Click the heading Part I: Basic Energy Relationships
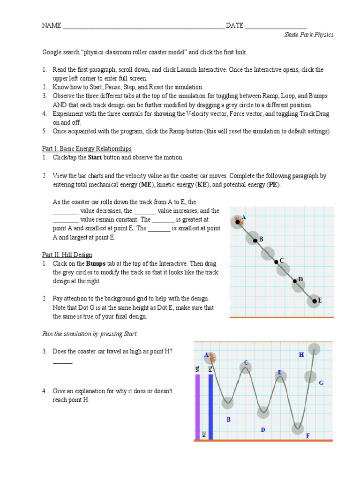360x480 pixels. coord(87,149)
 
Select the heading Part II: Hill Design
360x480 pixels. coord(67,255)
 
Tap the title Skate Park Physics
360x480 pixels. coord(309,35)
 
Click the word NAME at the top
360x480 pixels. coord(52,26)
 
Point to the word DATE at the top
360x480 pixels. coord(234,26)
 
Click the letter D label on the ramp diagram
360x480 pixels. coord(300,279)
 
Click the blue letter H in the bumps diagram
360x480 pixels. coord(301,355)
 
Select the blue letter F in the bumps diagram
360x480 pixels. coord(307,436)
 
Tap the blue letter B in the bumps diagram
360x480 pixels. coord(229,420)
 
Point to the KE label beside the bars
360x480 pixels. coord(204,435)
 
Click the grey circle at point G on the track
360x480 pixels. coord(310,376)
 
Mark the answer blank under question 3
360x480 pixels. coord(62,362)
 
